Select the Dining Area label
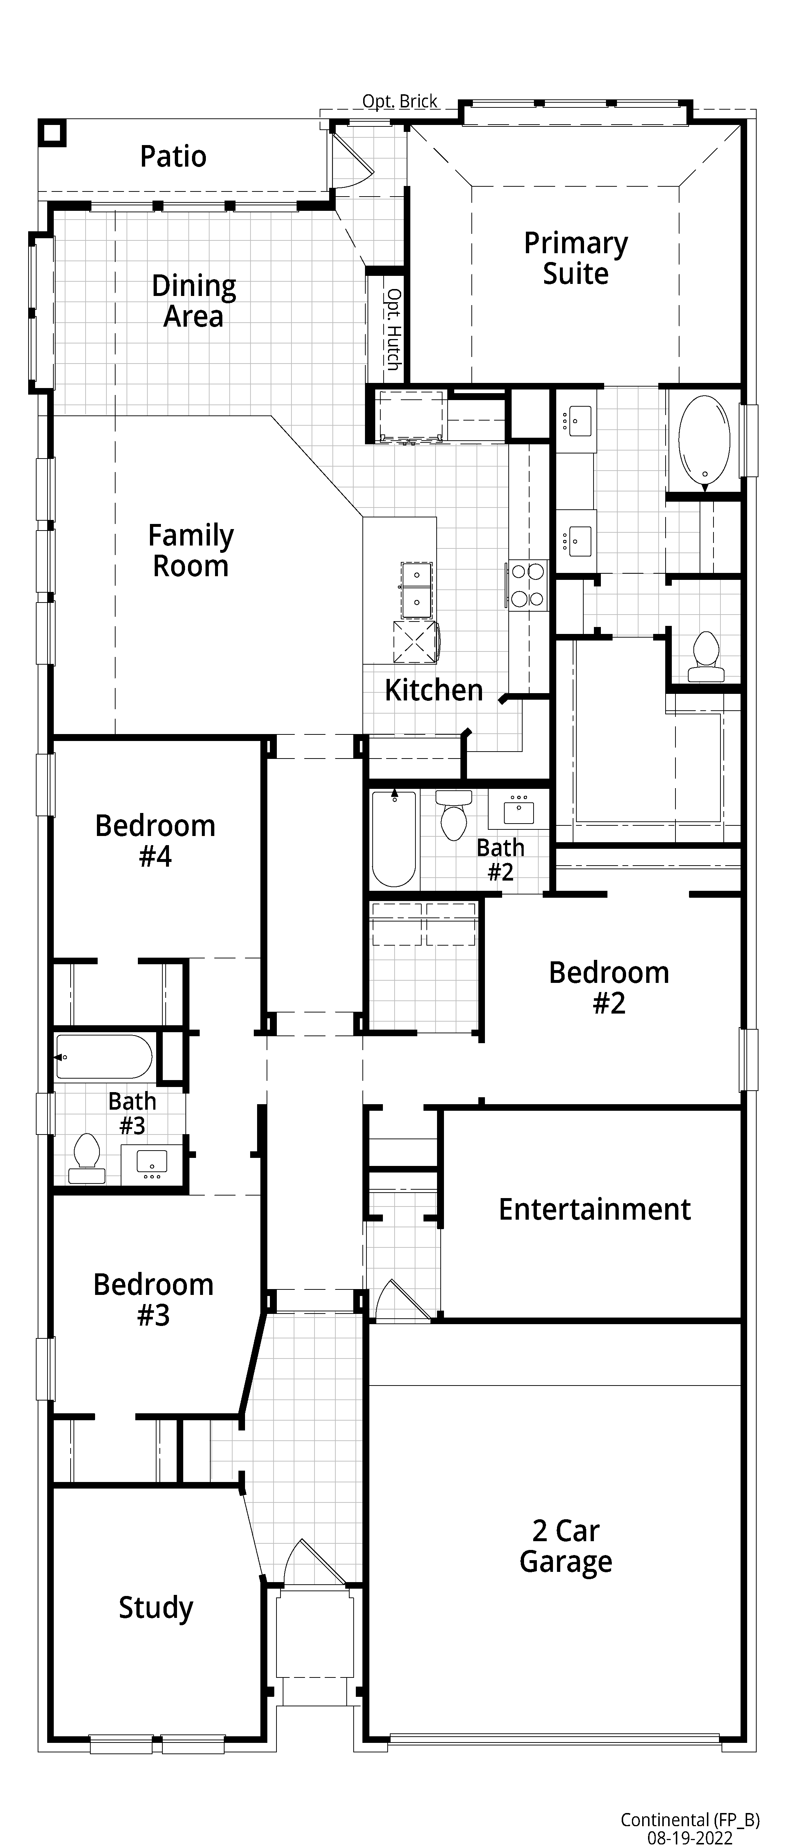pyautogui.click(x=194, y=301)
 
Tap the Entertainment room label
pyautogui.click(x=595, y=1209)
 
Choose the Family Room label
pyautogui.click(x=191, y=551)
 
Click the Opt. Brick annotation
pyautogui.click(x=400, y=102)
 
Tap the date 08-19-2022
pyautogui.click(x=689, y=1838)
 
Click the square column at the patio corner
pyautogui.click(x=52, y=133)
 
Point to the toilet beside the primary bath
pyautogui.click(x=704, y=657)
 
